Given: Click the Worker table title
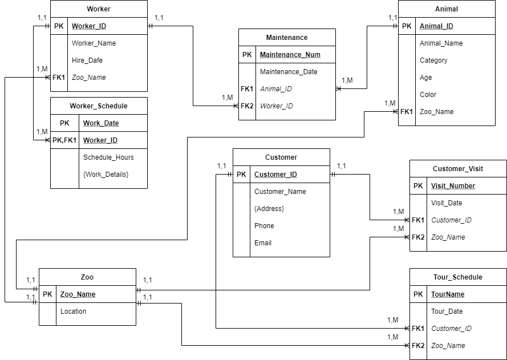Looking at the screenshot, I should tap(99, 9).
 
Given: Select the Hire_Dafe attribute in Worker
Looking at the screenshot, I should tap(87, 60).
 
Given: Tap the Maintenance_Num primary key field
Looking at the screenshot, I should tap(290, 55).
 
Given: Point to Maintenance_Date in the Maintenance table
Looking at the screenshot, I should tap(289, 72).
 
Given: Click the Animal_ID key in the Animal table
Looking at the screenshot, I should tap(436, 26).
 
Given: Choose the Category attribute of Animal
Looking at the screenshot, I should tap(433, 60).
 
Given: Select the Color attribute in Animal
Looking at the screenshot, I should tap(428, 95).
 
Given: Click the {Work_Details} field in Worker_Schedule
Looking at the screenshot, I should tap(106, 175).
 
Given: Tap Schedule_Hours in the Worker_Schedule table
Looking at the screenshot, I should tap(108, 157).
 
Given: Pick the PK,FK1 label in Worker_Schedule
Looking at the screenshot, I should tap(64, 140).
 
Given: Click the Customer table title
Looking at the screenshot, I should tap(281, 157).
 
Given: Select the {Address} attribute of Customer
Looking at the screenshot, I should tap(269, 209).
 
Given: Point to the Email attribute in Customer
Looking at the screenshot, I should tap(263, 243).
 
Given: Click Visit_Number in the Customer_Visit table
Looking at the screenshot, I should tap(453, 186).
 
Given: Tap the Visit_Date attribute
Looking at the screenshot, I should tap(447, 203).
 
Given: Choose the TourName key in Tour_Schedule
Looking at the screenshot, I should tap(448, 294).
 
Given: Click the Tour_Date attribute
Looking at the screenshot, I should tap(447, 312).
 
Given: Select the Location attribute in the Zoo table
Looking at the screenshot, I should tap(74, 312).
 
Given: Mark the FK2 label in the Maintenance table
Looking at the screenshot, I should tap(247, 106).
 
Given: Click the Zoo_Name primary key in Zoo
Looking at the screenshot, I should tap(78, 294).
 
